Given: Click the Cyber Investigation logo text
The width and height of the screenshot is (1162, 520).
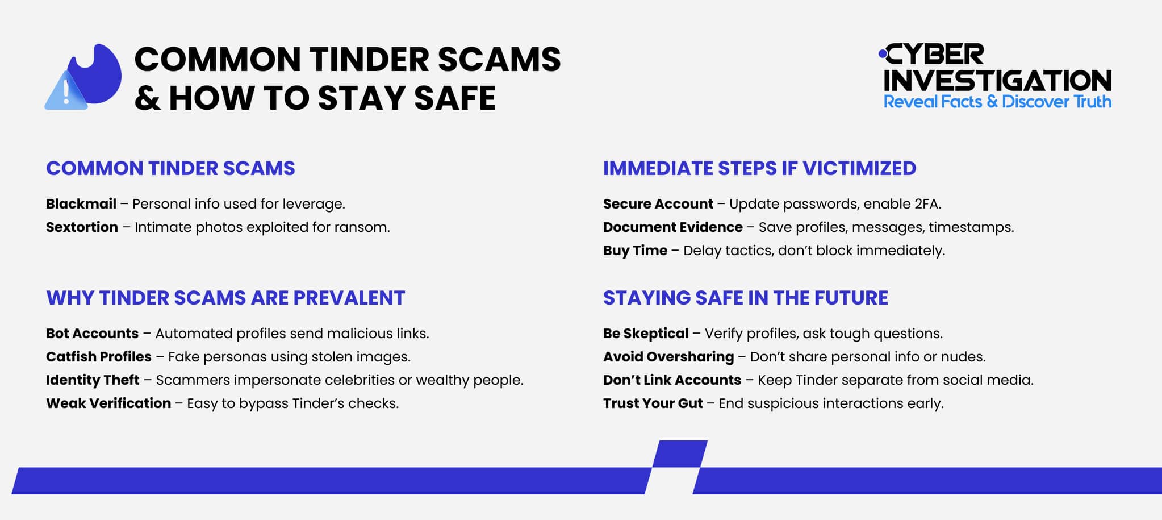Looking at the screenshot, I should pos(997,68).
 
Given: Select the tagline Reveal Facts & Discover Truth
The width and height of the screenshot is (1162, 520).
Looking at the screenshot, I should pos(997,102).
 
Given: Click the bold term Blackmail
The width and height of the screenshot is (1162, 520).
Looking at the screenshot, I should pos(81,204).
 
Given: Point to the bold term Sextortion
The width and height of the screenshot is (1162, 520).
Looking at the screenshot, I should pos(82,227).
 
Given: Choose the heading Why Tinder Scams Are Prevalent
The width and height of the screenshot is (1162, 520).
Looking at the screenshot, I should pos(225,298).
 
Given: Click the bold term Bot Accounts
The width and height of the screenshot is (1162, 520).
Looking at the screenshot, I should pos(92,334).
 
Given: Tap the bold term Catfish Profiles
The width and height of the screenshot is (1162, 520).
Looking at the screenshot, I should pos(99,357).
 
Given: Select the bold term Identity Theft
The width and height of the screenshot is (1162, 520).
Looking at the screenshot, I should pos(93,380).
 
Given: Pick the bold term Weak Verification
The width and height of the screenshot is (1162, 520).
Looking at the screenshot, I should pos(108,403).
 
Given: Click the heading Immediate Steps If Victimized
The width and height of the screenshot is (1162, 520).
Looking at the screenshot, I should pos(759,168).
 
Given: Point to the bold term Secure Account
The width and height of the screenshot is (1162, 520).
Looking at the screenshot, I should pos(658,204).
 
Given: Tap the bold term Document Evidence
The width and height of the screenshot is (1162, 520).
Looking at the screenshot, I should pos(672,227).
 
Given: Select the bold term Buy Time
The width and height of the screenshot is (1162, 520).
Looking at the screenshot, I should pos(635,251).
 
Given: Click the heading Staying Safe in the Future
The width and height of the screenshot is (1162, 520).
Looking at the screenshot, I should pos(745,298).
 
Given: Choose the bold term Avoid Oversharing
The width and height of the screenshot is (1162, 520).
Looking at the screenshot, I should pos(668,357).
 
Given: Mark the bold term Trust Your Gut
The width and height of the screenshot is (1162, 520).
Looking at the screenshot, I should pos(653,403).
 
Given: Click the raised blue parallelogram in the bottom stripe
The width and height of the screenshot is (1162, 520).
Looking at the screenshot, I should pos(679,454).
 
